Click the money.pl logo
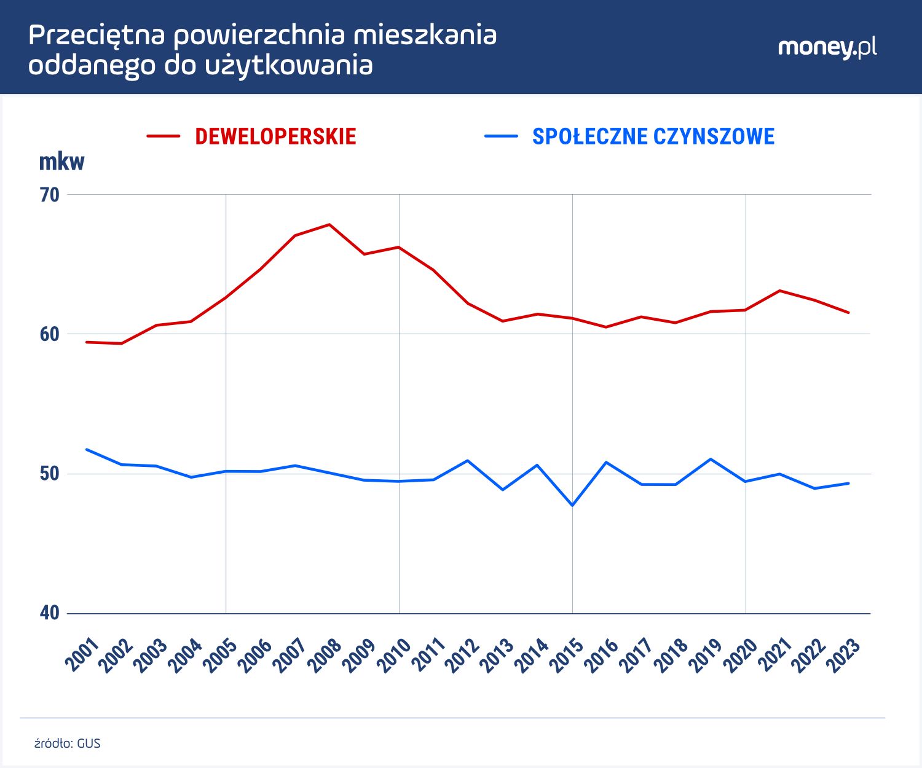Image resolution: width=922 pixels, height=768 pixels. point(827,48)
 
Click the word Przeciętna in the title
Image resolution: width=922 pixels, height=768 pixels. point(97,36)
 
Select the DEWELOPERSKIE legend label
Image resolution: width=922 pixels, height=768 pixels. point(275,136)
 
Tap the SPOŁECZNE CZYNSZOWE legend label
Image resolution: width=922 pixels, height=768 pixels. point(653,136)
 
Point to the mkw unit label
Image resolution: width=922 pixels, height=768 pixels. point(61,162)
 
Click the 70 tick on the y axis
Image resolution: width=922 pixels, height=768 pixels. point(50,195)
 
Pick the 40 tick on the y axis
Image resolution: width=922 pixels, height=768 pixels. point(50,613)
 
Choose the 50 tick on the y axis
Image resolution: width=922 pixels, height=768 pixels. point(50,474)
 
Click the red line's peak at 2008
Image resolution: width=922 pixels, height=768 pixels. point(329,224)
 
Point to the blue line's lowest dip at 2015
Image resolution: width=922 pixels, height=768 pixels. point(572,505)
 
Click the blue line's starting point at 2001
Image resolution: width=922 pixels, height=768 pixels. point(87,449)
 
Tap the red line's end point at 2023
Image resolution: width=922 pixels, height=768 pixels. point(849,313)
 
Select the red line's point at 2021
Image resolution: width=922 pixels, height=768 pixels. point(779,291)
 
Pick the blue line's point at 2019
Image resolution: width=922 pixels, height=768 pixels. point(711,459)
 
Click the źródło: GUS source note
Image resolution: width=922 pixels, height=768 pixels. point(67,743)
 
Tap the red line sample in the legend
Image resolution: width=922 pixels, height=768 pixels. point(164,136)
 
